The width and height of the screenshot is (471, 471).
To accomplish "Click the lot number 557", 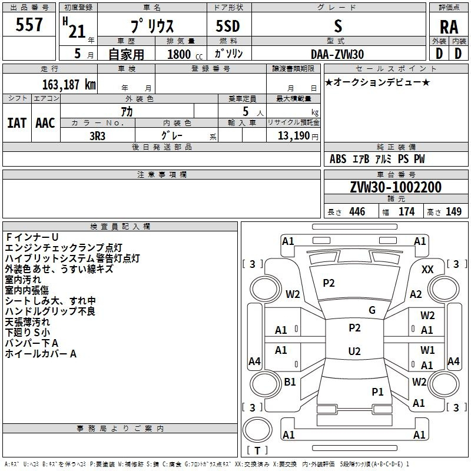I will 29,25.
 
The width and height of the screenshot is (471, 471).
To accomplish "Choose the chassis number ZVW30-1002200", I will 395,188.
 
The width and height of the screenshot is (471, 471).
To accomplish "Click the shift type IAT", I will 16,122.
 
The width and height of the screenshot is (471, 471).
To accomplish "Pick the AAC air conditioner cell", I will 45,122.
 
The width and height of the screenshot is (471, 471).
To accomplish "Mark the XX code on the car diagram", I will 428,269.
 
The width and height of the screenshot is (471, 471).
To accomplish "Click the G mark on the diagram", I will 372,310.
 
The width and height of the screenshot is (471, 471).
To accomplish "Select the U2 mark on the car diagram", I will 354,351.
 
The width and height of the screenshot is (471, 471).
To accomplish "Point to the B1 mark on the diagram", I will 290,382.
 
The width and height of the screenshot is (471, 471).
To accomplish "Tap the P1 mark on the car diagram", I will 377,391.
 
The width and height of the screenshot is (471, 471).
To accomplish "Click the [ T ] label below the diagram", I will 257,450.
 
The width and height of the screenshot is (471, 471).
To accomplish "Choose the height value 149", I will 453,211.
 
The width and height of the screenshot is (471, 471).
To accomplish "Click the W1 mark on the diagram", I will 427,350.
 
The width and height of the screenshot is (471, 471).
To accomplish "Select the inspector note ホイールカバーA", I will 41,354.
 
